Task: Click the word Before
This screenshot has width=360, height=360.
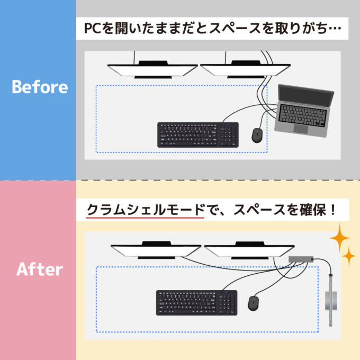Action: [40, 87]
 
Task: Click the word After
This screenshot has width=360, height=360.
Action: [40, 269]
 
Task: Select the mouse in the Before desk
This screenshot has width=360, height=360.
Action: [257, 135]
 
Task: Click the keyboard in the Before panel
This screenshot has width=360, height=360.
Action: [197, 134]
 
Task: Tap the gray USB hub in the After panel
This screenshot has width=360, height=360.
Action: [301, 258]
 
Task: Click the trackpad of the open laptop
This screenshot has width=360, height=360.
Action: [300, 129]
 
